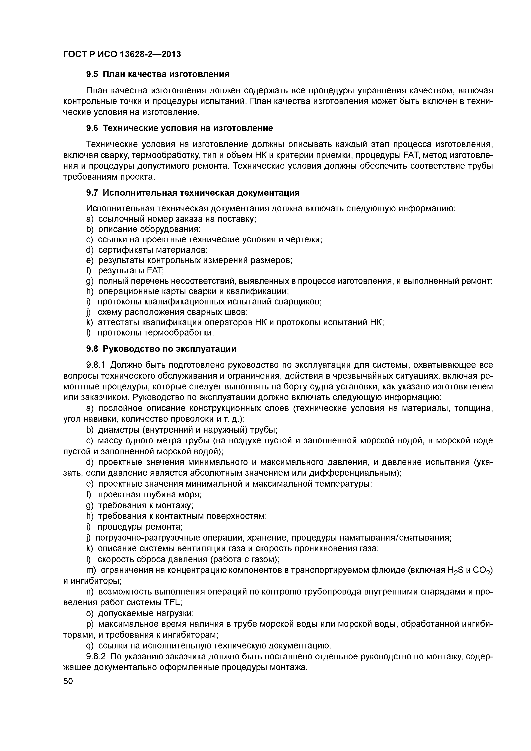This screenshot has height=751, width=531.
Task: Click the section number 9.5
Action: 92,74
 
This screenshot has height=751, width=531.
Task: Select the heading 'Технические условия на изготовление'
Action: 188,128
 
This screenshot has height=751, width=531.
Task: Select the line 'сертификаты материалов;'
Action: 153,250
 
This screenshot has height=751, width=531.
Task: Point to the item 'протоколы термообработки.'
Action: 156,333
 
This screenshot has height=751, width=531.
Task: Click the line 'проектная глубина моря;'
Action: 149,495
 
